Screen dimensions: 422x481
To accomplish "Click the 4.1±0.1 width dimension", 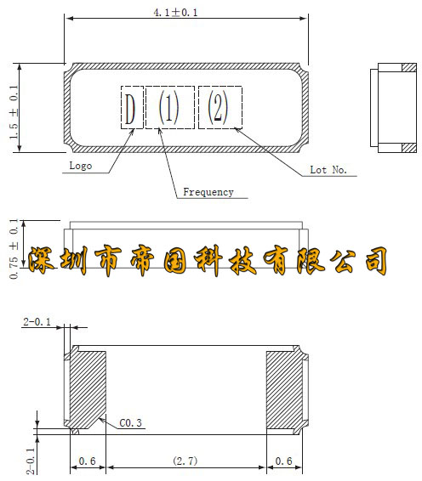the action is (x=175, y=13).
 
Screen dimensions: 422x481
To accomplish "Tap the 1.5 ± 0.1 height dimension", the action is (x=14, y=112).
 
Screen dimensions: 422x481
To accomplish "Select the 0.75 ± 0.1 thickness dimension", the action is (x=14, y=249).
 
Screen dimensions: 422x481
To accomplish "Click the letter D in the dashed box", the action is (x=130, y=109).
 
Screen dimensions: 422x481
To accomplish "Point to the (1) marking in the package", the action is (x=168, y=108).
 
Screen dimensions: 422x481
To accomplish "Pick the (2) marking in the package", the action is (x=218, y=107).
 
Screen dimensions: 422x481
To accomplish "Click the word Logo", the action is (x=81, y=166).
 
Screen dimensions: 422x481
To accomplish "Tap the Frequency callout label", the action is (x=208, y=192).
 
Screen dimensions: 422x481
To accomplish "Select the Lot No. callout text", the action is (x=328, y=170).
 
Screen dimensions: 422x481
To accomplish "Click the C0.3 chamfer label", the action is (x=130, y=423).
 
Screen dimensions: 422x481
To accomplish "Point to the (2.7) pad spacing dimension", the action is (x=185, y=461).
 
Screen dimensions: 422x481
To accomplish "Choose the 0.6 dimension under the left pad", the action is (x=88, y=461).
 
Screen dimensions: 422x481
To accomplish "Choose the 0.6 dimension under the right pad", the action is (x=284, y=461).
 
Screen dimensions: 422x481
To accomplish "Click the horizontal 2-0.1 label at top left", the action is (x=37, y=322).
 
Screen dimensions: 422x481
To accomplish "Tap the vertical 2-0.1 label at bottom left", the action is (x=31, y=461).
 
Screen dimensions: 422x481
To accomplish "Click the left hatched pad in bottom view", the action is (x=88, y=388).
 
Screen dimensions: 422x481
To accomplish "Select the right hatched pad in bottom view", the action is (x=284, y=389).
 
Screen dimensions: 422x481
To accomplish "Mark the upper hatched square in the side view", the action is (x=409, y=67).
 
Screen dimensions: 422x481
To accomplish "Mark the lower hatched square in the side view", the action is (x=409, y=148).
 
